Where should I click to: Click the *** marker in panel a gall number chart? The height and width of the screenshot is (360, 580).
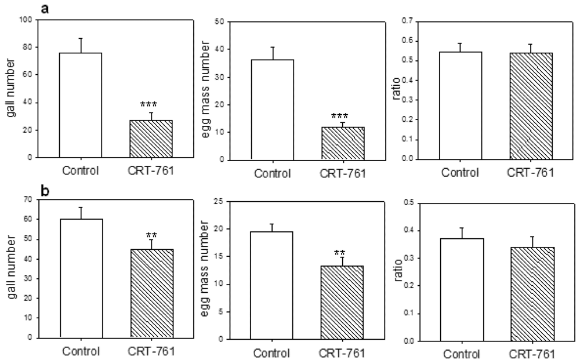pos(150,105)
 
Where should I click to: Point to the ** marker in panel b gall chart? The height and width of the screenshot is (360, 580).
pos(150,235)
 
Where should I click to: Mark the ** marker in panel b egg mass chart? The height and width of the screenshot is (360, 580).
pos(340,253)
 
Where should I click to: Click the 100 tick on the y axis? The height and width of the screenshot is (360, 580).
pos(24,20)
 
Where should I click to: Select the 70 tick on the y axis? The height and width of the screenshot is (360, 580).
pos(26,199)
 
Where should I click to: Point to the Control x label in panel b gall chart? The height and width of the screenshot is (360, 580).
pos(81,351)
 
